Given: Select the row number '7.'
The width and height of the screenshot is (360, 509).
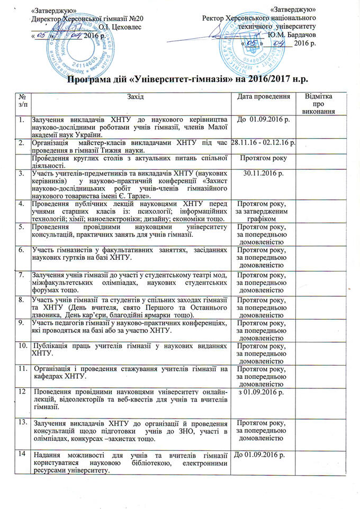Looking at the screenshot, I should click(21, 275).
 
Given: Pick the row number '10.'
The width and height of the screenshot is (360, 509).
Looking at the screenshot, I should click(22, 346).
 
